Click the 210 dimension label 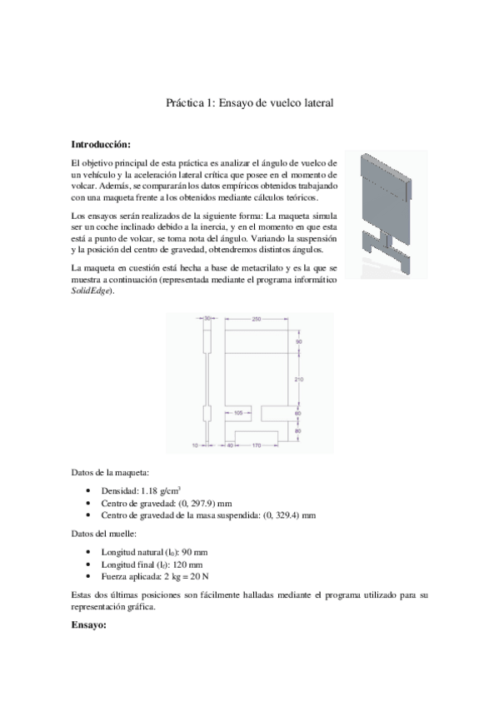click(299, 380)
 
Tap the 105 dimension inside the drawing click(238, 412)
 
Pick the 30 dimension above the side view click(207, 319)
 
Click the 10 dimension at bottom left click(193, 445)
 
